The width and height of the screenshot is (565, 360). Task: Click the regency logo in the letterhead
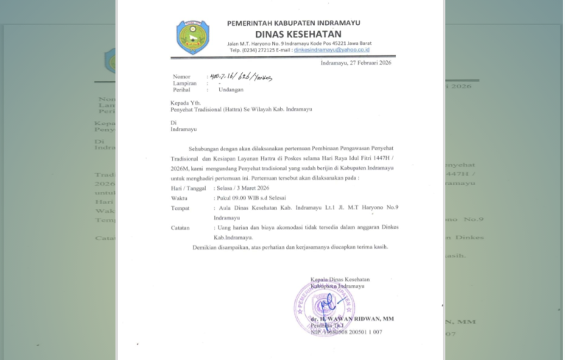click(x=192, y=36)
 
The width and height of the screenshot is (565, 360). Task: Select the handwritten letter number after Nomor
click(x=240, y=76)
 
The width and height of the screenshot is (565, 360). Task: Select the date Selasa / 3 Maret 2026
click(x=240, y=189)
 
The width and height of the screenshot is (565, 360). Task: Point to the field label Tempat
click(x=181, y=208)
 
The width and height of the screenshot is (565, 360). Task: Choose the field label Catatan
click(x=182, y=228)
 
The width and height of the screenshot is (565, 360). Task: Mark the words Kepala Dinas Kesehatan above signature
click(x=340, y=280)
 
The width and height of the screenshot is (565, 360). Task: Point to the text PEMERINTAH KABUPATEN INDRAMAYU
click(x=299, y=23)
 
